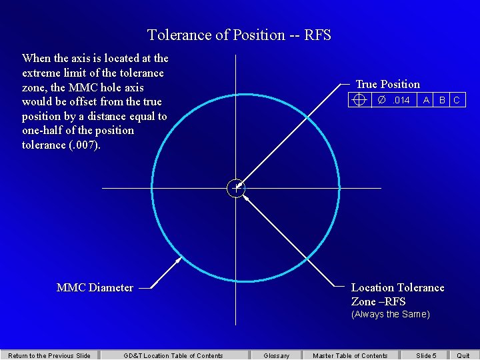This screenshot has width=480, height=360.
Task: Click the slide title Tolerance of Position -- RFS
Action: pyautogui.click(x=239, y=35)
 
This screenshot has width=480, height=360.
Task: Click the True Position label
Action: pyautogui.click(x=387, y=84)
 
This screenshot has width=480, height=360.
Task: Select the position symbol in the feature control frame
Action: pyautogui.click(x=359, y=100)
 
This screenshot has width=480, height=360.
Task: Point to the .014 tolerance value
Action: pyautogui.click(x=401, y=100)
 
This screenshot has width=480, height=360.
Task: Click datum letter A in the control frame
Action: pyautogui.click(x=426, y=100)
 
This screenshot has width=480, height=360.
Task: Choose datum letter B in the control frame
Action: pyautogui.click(x=442, y=100)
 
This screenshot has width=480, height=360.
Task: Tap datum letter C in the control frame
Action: pyautogui.click(x=457, y=100)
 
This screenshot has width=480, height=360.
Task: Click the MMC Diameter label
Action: pyautogui.click(x=95, y=287)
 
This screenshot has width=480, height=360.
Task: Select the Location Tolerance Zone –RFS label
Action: pyautogui.click(x=397, y=294)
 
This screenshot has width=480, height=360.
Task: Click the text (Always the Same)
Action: pyautogui.click(x=391, y=314)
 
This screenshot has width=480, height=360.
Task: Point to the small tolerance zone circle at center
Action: pyautogui.click(x=236, y=188)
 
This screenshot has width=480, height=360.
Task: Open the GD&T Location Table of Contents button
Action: pyautogui.click(x=173, y=355)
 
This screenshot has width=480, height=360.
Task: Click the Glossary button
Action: pyautogui.click(x=276, y=355)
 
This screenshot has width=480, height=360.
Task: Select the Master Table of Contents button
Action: pyautogui.click(x=350, y=355)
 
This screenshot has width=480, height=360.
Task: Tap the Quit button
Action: pyautogui.click(x=463, y=355)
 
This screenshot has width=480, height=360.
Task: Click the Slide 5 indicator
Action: pyautogui.click(x=426, y=355)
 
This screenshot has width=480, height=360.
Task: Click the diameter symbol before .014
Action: pyautogui.click(x=382, y=100)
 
